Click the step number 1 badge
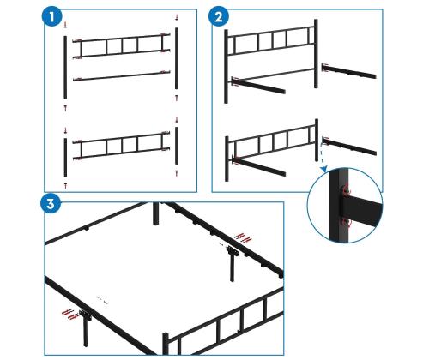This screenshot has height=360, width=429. (51, 17)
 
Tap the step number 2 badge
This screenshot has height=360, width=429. (219, 17)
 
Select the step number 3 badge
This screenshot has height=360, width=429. (51, 204)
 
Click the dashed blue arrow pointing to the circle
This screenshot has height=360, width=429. (323, 158)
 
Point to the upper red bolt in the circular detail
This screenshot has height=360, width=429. (347, 189)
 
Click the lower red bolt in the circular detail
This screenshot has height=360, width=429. (347, 223)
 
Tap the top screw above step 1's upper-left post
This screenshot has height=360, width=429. (65, 25)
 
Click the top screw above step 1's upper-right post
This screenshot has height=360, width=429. (177, 18)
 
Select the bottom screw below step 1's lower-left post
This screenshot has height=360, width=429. (65, 186)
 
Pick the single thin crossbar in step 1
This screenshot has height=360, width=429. (122, 76)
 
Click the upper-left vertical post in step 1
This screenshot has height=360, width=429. (65, 68)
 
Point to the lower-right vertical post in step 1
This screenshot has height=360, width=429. (177, 146)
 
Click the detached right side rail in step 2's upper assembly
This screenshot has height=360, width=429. (349, 71)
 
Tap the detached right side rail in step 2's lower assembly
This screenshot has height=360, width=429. (349, 147)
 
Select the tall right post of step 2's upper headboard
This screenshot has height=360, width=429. (316, 54)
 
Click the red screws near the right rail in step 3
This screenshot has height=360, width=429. (243, 237)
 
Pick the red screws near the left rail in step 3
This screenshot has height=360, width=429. (70, 314)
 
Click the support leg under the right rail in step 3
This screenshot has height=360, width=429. (231, 263)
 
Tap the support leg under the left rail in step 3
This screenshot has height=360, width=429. (86, 328)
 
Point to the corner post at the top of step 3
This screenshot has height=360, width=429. (155, 213)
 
